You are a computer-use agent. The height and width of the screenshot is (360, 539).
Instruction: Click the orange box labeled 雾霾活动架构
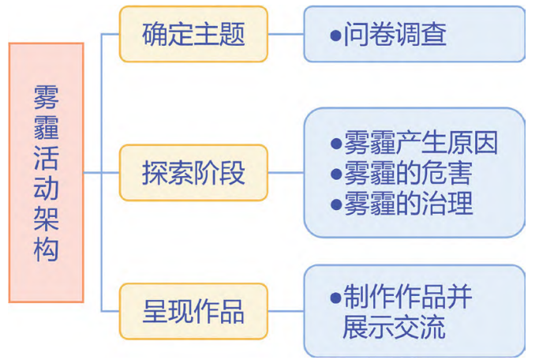coord(46,172)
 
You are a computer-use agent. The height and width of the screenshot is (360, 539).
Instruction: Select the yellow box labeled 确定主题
coord(193,35)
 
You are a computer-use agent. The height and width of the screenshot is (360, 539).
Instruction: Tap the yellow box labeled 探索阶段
coord(193,172)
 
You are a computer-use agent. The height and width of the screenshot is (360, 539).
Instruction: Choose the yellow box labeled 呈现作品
coord(193,310)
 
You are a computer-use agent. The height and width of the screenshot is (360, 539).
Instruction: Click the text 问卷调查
coord(395,35)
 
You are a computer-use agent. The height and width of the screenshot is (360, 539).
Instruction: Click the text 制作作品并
coord(408,297)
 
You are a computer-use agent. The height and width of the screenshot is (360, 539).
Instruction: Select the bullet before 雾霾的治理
coord(335,204)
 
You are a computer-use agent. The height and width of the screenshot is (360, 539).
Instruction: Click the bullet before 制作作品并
coord(335,298)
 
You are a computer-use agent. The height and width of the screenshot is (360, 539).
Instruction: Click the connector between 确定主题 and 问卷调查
coord(286,35)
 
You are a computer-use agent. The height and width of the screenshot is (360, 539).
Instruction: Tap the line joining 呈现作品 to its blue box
coord(286,310)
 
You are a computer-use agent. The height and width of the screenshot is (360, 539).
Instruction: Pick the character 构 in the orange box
coord(46,251)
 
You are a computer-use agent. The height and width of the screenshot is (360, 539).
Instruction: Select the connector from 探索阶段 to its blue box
coord(286,172)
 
